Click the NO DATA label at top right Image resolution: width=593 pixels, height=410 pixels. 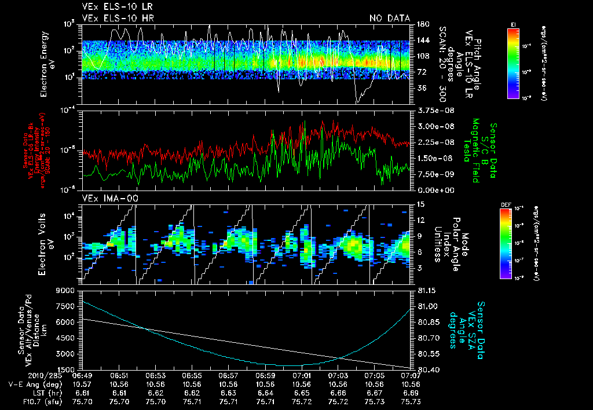(389, 19)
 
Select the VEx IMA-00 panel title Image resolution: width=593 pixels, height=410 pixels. (105, 198)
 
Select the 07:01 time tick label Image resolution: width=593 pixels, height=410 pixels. (301, 376)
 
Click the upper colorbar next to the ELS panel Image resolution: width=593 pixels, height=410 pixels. (513, 63)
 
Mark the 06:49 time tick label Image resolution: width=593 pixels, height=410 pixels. (83, 376)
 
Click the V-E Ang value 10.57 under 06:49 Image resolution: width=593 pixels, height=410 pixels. (83, 384)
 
